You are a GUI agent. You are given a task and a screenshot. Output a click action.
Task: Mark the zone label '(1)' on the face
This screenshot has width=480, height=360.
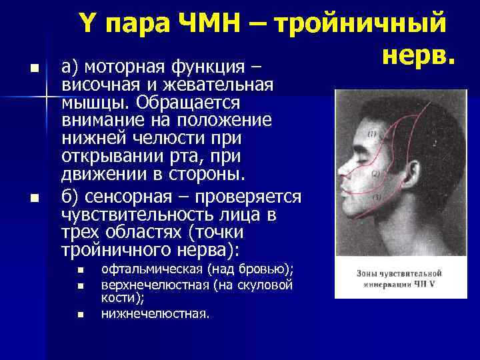coord(371,133)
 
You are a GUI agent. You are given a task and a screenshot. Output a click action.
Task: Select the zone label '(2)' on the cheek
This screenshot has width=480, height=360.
coord(375,173)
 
